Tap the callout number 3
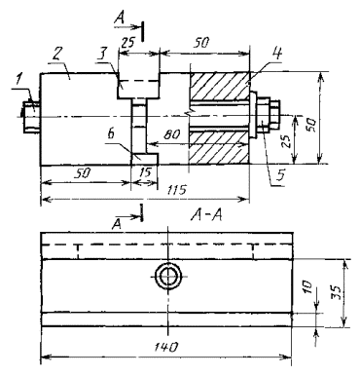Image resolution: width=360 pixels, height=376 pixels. tap(103, 54)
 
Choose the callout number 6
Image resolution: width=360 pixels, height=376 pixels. tap(111, 133)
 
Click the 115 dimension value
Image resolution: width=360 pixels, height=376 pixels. tap(177, 189)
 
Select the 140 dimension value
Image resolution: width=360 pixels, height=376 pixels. tap(165, 347)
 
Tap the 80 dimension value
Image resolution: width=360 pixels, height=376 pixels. tap(171, 134)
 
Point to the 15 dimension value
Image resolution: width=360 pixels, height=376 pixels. tap(145, 172)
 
